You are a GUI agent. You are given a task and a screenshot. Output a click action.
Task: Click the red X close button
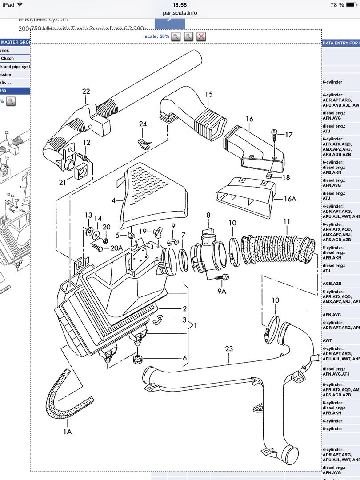[x=201, y=36]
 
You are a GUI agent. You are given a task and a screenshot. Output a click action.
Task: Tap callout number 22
[x=86, y=91]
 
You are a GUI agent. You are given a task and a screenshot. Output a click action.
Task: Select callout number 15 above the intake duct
[x=209, y=94]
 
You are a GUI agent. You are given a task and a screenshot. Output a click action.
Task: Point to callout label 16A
[x=290, y=199]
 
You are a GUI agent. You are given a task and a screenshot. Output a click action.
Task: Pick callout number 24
[x=143, y=124]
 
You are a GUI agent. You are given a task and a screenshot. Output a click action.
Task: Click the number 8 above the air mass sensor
[x=208, y=215]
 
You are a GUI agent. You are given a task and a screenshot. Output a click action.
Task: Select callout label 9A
[x=222, y=291]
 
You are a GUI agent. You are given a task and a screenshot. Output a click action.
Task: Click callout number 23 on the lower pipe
[x=229, y=349]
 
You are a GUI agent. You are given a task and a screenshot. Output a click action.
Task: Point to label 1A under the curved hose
[x=67, y=431]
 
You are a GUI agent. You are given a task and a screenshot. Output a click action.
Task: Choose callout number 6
[x=184, y=358]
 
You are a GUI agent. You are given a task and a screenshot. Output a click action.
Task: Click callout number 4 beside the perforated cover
[x=114, y=200]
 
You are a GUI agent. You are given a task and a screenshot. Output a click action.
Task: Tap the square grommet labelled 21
[x=80, y=171]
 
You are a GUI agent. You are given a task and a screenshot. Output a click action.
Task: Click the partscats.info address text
[x=180, y=13]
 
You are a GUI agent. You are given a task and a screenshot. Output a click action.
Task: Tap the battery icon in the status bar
[x=352, y=5]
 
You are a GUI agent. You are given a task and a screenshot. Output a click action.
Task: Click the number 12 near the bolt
[x=86, y=142]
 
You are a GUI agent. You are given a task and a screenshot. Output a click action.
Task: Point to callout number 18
[x=286, y=177]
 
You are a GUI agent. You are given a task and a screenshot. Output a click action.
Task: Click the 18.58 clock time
[x=180, y=4]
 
